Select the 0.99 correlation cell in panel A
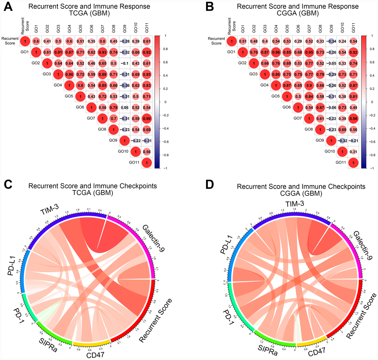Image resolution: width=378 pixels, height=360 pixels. pos(146,119)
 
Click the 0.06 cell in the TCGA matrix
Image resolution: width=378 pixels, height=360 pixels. pos(124,108)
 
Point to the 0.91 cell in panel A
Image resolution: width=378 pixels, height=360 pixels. pos(58,52)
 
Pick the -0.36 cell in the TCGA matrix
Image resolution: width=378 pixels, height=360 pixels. pos(124,86)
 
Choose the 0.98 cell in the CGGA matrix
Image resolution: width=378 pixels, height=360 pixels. pos(353,119)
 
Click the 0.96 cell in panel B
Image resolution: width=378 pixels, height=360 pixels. pos(276,52)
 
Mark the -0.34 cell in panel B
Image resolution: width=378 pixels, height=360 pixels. pos(331,41)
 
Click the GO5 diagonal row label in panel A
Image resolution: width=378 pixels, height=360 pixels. pos(69,96)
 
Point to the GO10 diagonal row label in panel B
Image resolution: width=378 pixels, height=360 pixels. pos(329,151)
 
